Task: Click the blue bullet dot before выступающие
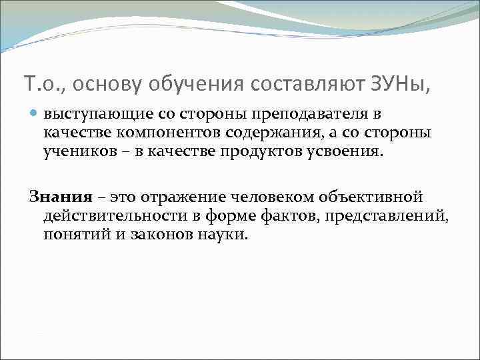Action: (34, 115)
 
